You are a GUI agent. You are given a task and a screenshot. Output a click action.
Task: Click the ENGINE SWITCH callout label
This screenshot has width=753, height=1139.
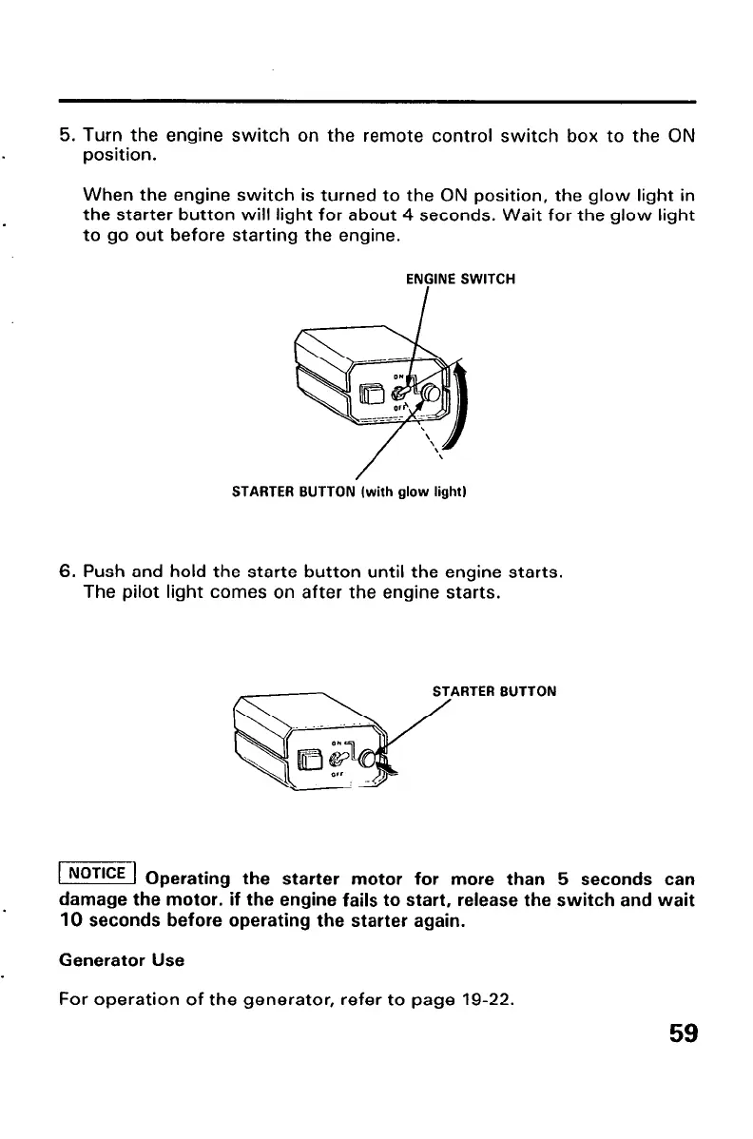tap(460, 280)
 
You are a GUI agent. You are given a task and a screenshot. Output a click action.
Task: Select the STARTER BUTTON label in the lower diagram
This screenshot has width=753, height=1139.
tap(493, 692)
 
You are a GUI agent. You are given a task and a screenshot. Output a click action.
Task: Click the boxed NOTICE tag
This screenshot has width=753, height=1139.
tap(99, 872)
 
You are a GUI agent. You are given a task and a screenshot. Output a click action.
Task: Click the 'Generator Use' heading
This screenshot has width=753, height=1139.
tap(123, 960)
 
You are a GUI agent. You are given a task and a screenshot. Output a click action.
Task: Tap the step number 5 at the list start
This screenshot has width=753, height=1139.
tap(66, 136)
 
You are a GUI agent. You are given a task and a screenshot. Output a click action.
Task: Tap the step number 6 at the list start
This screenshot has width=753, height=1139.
tap(66, 573)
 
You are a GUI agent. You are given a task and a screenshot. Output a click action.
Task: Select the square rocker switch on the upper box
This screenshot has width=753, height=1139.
tap(372, 392)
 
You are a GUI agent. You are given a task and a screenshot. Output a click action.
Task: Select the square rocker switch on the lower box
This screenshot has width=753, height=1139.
tap(311, 760)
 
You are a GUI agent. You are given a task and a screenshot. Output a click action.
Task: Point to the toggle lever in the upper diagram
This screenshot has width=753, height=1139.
tap(402, 391)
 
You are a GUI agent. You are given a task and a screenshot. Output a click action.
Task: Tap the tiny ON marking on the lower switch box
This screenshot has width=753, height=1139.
tap(337, 743)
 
